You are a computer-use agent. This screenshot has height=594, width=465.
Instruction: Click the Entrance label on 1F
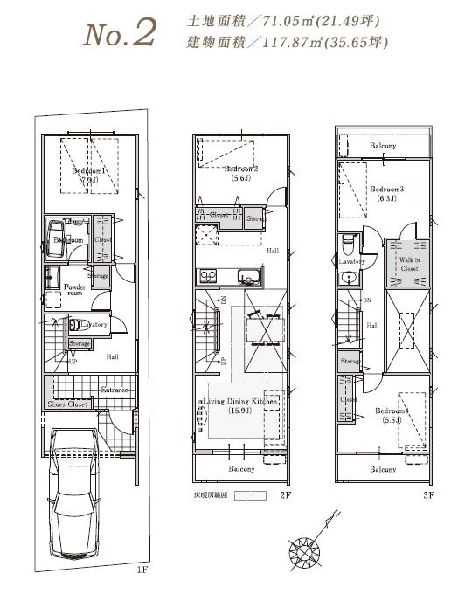115,390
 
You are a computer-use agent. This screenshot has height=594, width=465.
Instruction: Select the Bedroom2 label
241,169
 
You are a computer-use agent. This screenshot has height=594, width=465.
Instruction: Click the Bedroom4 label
392,410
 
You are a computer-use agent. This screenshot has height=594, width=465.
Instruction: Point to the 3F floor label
427,494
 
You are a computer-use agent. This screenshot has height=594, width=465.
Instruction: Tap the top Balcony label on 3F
382,146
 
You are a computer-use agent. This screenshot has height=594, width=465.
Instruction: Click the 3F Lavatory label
351,260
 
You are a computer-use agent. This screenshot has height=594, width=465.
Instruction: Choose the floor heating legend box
250,494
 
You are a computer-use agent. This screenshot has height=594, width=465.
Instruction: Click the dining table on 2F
264,332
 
